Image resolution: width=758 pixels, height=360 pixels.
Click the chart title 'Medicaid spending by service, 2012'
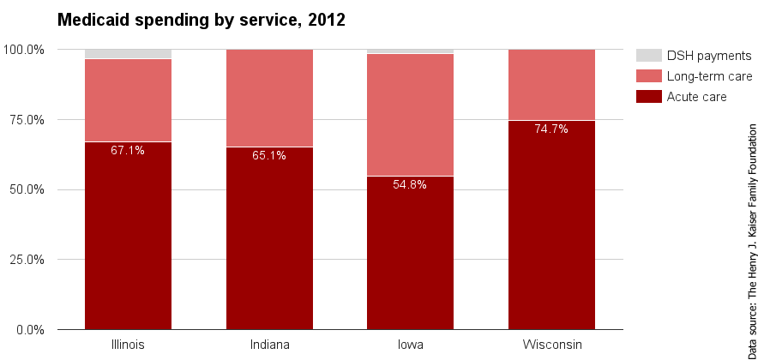201,20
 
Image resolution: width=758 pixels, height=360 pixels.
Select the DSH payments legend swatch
648,56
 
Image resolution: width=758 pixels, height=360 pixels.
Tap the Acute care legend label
697,97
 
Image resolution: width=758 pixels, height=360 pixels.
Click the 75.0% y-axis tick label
27,120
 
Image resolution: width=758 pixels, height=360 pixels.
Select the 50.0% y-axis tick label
27,189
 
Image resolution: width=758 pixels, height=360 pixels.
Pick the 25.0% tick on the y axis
27,260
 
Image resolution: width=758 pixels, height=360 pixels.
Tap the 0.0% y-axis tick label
30,330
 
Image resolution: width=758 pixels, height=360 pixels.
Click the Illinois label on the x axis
128,345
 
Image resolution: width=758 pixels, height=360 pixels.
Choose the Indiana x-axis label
269,345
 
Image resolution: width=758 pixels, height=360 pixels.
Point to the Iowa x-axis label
410,345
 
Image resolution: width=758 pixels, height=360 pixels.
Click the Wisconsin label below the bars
551,345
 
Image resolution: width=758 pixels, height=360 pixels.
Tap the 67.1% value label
128,151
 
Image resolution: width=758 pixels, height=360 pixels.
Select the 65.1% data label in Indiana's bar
269,156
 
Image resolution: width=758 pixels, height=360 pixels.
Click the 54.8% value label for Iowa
410,185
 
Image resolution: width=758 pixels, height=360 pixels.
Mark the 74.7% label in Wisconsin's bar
551,129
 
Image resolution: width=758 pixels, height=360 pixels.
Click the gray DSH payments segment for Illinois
128,54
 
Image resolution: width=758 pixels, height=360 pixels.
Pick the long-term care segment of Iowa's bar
410,115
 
